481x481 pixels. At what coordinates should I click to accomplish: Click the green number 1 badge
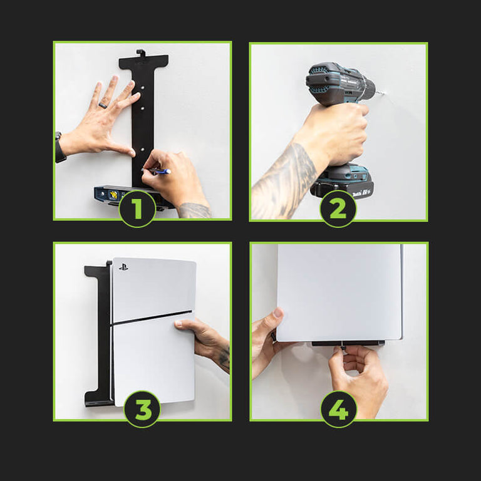(x=137, y=209)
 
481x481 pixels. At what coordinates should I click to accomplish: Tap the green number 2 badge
(x=338, y=209)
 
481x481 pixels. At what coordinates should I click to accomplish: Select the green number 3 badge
(x=142, y=409)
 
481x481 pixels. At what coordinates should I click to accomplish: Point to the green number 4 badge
(x=339, y=409)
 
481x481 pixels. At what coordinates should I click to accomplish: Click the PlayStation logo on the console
(x=123, y=267)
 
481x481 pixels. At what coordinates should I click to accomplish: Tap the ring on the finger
(x=103, y=105)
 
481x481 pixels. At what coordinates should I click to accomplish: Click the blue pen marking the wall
(x=157, y=171)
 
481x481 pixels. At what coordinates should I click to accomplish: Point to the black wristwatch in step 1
(x=59, y=148)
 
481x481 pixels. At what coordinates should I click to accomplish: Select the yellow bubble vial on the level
(x=114, y=194)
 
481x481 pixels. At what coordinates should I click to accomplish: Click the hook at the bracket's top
(x=140, y=53)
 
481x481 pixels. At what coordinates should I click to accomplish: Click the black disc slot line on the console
(x=152, y=317)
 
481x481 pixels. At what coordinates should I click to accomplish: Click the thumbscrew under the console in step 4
(x=342, y=349)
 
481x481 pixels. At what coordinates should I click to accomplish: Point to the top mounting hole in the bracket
(x=143, y=88)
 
